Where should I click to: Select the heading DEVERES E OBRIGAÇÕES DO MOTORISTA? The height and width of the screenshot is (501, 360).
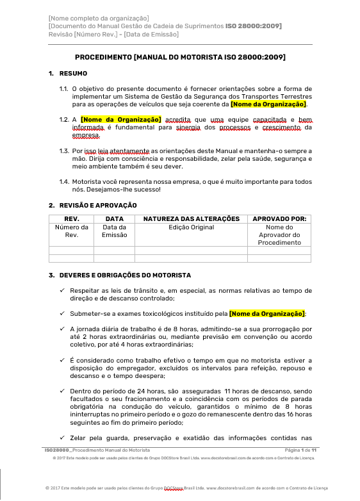click(125, 275)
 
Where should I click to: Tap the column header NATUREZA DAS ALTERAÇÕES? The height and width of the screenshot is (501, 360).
click(191, 218)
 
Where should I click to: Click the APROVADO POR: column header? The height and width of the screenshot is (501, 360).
click(279, 218)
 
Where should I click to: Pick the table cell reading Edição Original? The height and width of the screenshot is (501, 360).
click(191, 227)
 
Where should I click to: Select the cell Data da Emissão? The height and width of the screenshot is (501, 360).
click(114, 231)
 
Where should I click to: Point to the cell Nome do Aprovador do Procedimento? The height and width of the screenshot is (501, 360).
click(279, 235)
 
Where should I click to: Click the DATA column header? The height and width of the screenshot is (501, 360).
click(114, 218)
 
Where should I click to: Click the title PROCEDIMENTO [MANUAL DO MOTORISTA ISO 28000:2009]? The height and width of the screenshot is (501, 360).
click(180, 57)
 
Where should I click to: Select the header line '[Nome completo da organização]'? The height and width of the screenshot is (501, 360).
click(99, 18)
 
